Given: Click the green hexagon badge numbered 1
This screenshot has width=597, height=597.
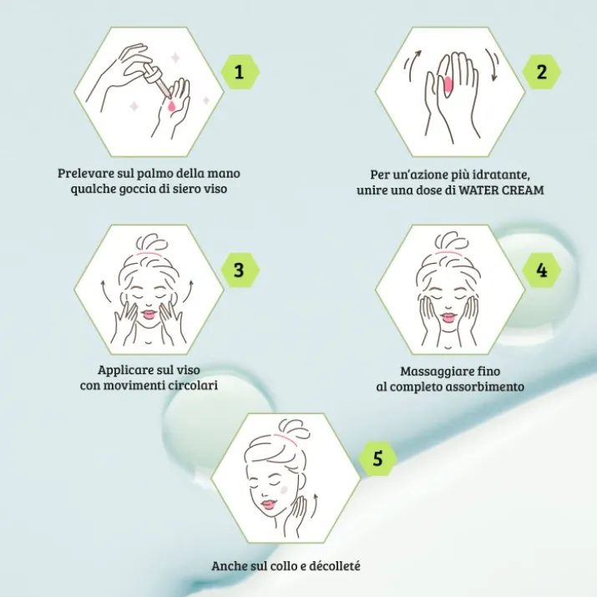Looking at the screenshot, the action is [240, 72].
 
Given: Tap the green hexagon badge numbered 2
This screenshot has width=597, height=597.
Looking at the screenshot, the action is [541, 72].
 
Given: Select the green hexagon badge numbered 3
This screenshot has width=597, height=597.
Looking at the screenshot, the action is [240, 270].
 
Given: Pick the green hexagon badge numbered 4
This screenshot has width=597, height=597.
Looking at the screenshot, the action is [541, 270].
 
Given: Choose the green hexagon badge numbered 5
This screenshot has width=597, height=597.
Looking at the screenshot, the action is [377, 458].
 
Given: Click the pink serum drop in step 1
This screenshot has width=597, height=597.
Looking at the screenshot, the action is [172, 105].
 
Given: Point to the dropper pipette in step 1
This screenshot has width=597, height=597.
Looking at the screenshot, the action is [155, 81].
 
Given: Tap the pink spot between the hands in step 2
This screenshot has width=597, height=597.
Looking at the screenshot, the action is [448, 84].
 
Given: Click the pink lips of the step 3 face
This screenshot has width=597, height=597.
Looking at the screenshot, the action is [149, 315].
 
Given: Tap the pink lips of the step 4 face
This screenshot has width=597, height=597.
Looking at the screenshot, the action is [448, 316].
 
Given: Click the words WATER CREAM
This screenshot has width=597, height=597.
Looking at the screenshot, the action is [501, 190].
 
